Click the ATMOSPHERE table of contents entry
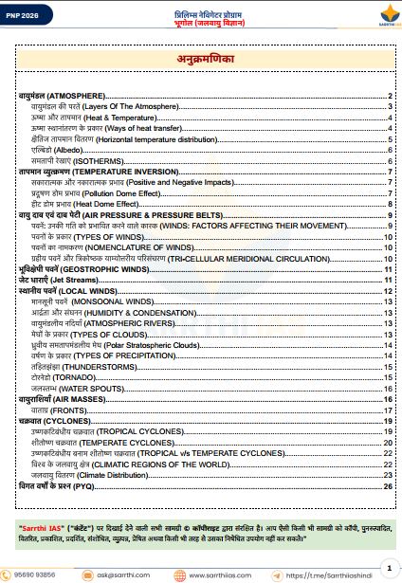(66, 98)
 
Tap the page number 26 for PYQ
(388, 485)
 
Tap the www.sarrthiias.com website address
(223, 574)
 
